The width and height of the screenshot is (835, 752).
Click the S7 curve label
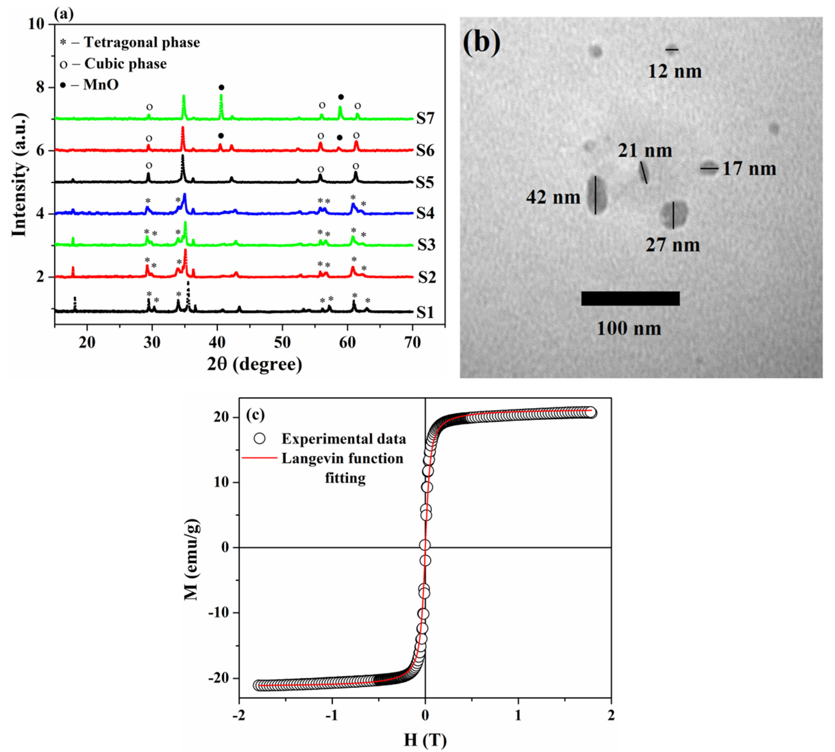425,119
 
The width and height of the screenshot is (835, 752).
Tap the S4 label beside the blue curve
425,213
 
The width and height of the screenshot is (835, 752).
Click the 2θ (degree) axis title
254,364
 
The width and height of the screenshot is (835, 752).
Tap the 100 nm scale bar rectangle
630,298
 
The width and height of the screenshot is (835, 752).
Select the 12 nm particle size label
674,71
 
